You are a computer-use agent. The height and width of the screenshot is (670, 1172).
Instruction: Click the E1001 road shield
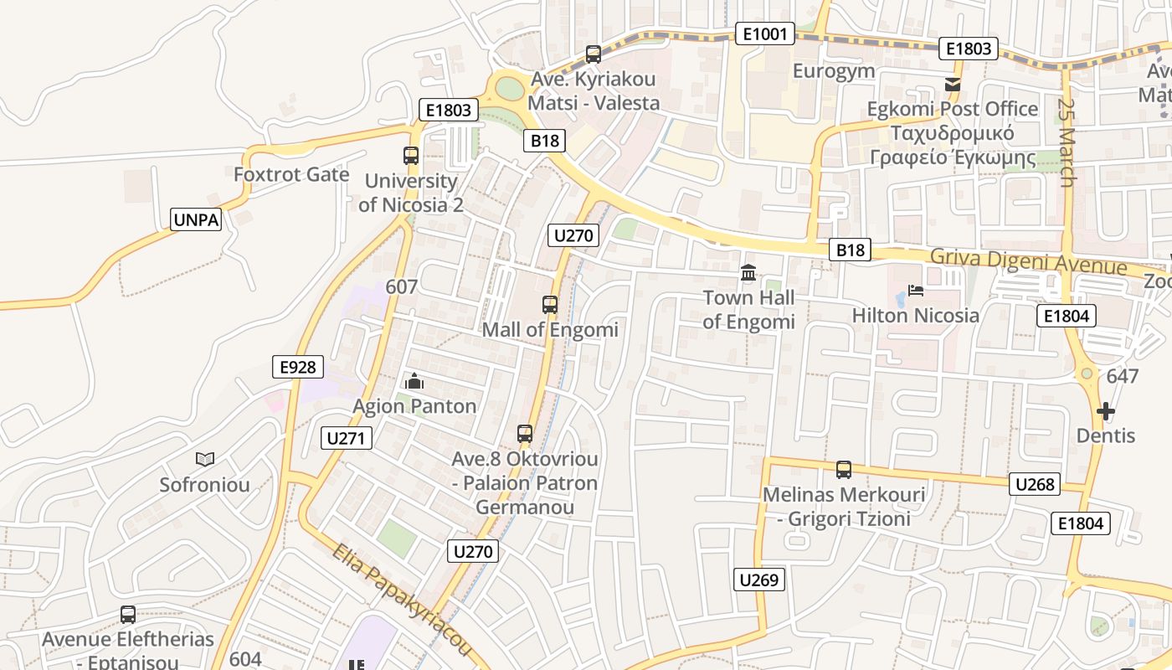(764, 33)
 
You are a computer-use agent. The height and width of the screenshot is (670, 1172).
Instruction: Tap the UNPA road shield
(196, 220)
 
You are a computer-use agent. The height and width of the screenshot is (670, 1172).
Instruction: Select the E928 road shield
(298, 367)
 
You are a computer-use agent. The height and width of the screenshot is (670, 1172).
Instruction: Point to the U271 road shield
(347, 437)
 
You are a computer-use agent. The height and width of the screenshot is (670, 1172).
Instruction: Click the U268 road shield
(1036, 484)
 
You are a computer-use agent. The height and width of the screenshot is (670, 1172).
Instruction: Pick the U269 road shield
(760, 580)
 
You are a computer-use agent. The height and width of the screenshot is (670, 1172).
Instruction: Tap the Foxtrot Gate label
(291, 174)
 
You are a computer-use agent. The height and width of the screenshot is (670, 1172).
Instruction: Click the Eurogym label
(834, 71)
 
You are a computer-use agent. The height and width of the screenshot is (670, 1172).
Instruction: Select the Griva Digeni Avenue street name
(1029, 262)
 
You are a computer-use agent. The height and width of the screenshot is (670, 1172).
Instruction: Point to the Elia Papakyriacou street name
(402, 600)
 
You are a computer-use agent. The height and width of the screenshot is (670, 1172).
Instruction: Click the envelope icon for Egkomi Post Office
(952, 84)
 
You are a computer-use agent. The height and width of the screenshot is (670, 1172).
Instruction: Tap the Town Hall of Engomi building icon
(748, 273)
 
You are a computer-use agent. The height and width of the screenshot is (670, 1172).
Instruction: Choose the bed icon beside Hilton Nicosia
(916, 291)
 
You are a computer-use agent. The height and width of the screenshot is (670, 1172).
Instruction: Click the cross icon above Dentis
(1106, 411)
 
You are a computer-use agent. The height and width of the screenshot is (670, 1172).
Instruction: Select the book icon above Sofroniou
(205, 459)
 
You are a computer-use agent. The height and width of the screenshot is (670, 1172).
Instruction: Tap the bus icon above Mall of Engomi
(550, 305)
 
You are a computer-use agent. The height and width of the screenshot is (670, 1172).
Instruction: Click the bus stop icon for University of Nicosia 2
(411, 155)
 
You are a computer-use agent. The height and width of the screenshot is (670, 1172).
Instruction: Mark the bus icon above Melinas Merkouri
(844, 469)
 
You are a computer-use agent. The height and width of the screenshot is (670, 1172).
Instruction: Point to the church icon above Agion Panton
(414, 382)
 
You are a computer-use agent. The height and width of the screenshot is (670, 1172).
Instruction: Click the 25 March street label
(1066, 143)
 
